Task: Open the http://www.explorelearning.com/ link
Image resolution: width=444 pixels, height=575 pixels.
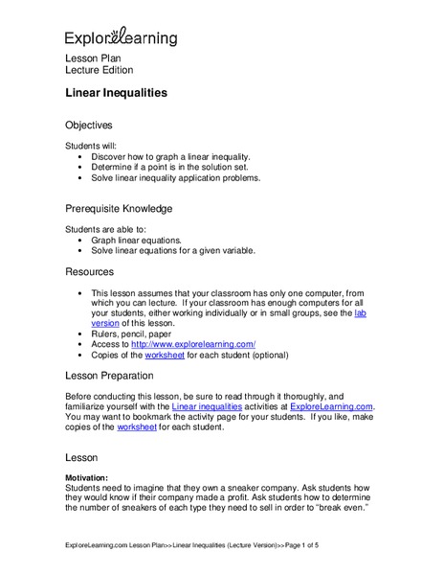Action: (193, 344)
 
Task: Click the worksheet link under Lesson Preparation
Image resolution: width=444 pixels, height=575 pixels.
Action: (139, 427)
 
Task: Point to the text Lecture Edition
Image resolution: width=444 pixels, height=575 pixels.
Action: (99, 70)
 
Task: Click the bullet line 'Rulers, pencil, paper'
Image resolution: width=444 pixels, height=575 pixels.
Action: (137, 333)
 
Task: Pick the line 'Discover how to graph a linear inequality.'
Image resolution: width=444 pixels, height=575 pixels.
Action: (170, 155)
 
